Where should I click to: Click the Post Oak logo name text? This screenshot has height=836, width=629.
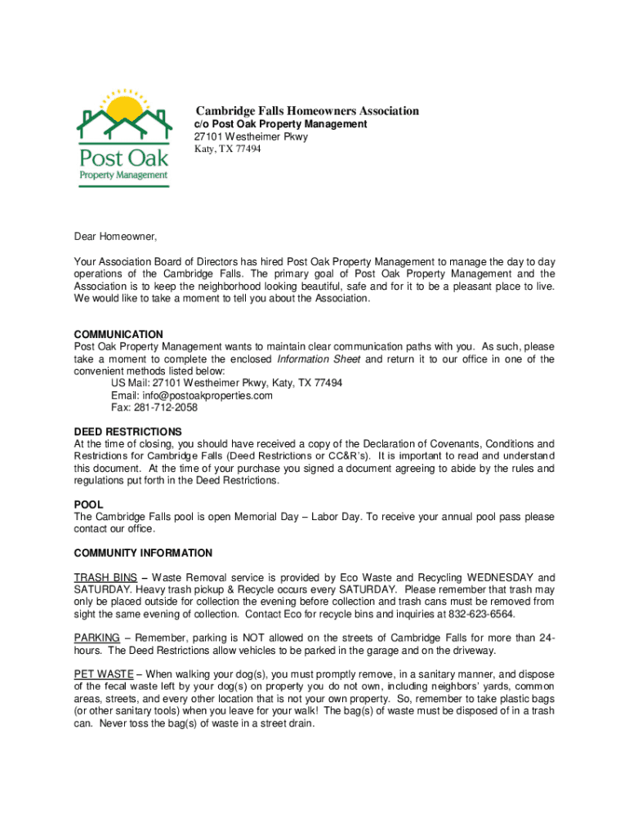click(123, 156)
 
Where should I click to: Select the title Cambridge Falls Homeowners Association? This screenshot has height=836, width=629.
click(306, 111)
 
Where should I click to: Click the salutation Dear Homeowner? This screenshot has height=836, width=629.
click(115, 237)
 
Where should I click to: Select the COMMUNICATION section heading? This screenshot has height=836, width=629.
click(118, 335)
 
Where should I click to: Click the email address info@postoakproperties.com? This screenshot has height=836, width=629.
click(192, 395)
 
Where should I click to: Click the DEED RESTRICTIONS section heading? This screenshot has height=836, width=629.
click(127, 431)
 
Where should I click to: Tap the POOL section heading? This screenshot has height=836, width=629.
click(88, 505)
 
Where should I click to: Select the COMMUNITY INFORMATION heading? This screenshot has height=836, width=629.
click(143, 553)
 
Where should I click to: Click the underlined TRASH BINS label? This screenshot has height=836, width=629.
click(105, 577)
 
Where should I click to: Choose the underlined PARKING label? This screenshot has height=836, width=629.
click(97, 638)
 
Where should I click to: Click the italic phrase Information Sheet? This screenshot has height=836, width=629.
click(319, 359)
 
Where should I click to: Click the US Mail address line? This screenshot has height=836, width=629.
click(226, 383)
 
